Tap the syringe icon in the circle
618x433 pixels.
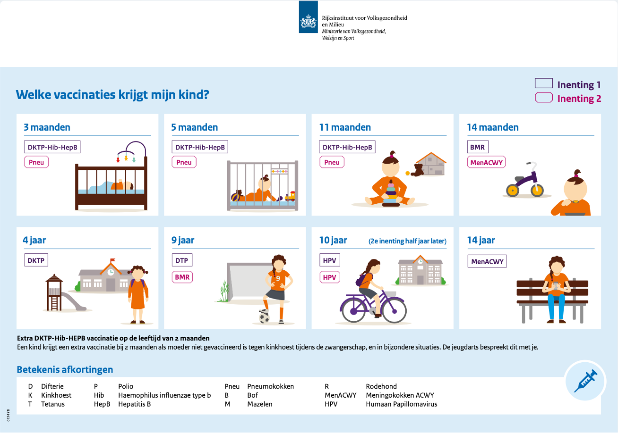[x=585, y=381]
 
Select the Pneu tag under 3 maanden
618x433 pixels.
[x=36, y=162]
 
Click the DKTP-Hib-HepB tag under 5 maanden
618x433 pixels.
[x=199, y=147]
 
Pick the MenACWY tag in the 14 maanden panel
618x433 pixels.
[x=487, y=162]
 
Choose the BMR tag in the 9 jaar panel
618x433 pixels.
[x=182, y=277]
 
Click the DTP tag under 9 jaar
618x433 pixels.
[x=182, y=260]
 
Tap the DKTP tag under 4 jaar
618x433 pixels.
[x=36, y=260]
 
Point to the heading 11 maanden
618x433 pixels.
[x=345, y=127]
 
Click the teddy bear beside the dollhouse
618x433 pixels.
[x=417, y=170]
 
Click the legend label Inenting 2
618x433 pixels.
[x=579, y=99]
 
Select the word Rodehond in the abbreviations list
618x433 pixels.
[x=381, y=386]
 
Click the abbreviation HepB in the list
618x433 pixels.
[x=102, y=404]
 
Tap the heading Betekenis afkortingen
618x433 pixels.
[x=65, y=369]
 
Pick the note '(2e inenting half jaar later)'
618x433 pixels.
[x=407, y=241]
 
